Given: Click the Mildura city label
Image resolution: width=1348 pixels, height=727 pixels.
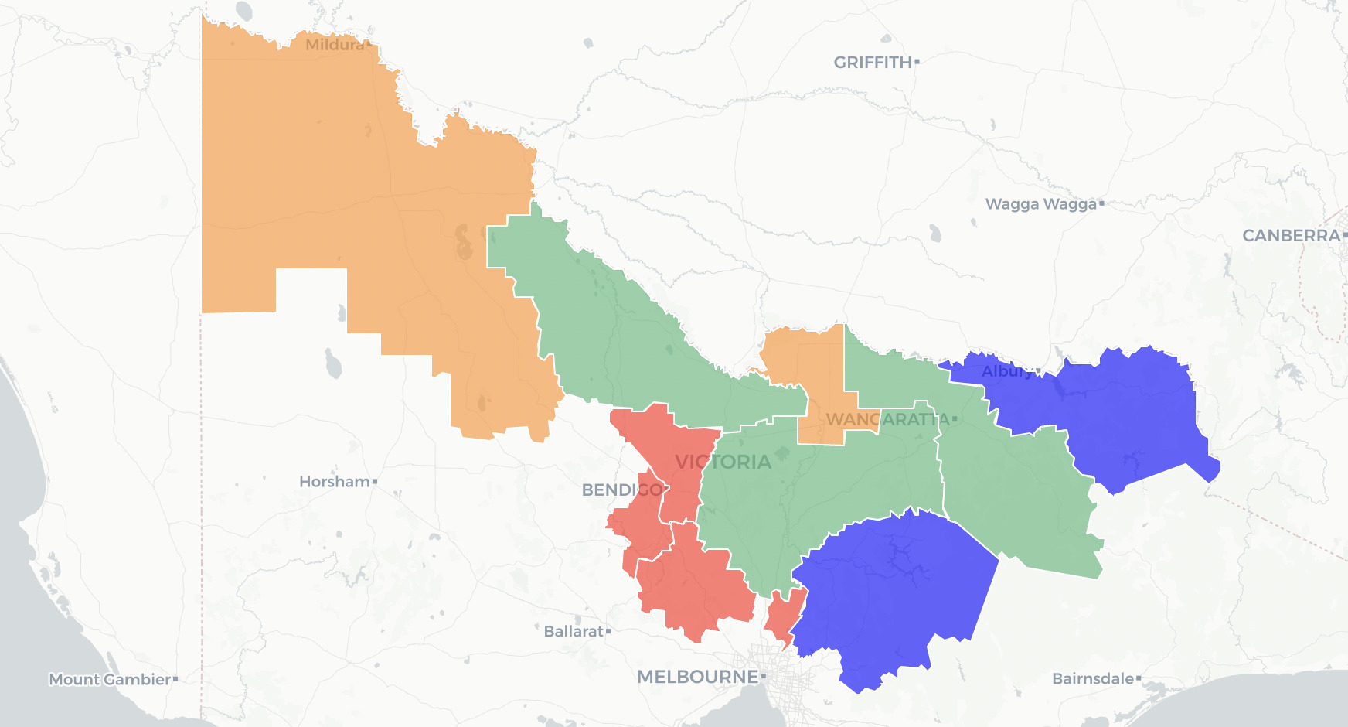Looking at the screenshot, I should pos(334,45).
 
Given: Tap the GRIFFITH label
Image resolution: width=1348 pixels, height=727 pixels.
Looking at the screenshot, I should pos(872,63).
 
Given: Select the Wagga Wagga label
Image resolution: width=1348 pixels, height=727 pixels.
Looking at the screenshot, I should pos(1040,204).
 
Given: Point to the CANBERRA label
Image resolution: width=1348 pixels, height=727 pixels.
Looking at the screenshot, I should pos(1290,236).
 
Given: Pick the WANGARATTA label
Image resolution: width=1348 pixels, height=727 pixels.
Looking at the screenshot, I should pos(887,419).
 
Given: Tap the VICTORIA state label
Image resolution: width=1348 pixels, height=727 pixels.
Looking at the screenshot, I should pos(723,462).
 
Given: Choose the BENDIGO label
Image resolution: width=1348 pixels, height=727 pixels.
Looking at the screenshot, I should pos(621,490).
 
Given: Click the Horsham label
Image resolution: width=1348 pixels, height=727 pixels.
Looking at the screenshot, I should pos(334,482).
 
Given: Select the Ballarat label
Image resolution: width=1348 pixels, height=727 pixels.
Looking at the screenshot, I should pos(573,632).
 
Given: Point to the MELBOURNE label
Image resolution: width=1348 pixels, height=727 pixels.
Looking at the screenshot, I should pos(697,678).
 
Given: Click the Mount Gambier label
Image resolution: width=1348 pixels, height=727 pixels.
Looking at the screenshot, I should pos(109,680).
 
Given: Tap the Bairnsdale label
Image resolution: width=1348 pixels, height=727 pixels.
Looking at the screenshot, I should pos(1092,679).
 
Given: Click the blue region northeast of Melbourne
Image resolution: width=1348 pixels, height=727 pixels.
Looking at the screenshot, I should pos(889,596).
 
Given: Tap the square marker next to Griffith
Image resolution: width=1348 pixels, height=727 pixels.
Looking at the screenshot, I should pos(917,62).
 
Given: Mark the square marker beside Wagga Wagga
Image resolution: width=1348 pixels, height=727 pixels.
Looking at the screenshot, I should pos(1101,204).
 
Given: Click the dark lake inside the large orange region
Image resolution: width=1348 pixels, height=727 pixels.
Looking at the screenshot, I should pos(464,241).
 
